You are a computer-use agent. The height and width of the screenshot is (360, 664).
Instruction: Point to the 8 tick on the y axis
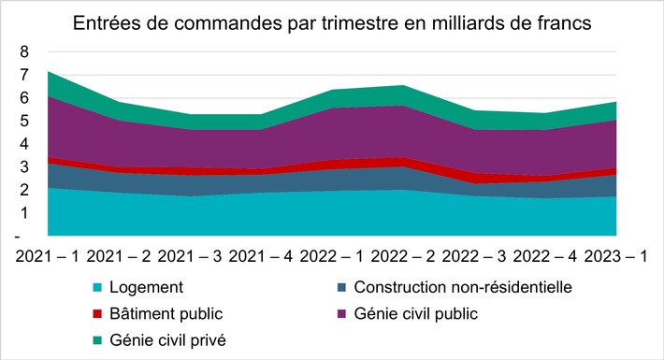click(26, 52)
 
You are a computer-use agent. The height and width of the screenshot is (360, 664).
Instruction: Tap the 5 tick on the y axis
click(26, 122)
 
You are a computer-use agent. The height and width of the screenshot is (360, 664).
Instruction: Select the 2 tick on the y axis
click(26, 191)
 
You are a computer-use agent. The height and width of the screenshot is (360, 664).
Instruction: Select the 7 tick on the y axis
click(26, 76)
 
